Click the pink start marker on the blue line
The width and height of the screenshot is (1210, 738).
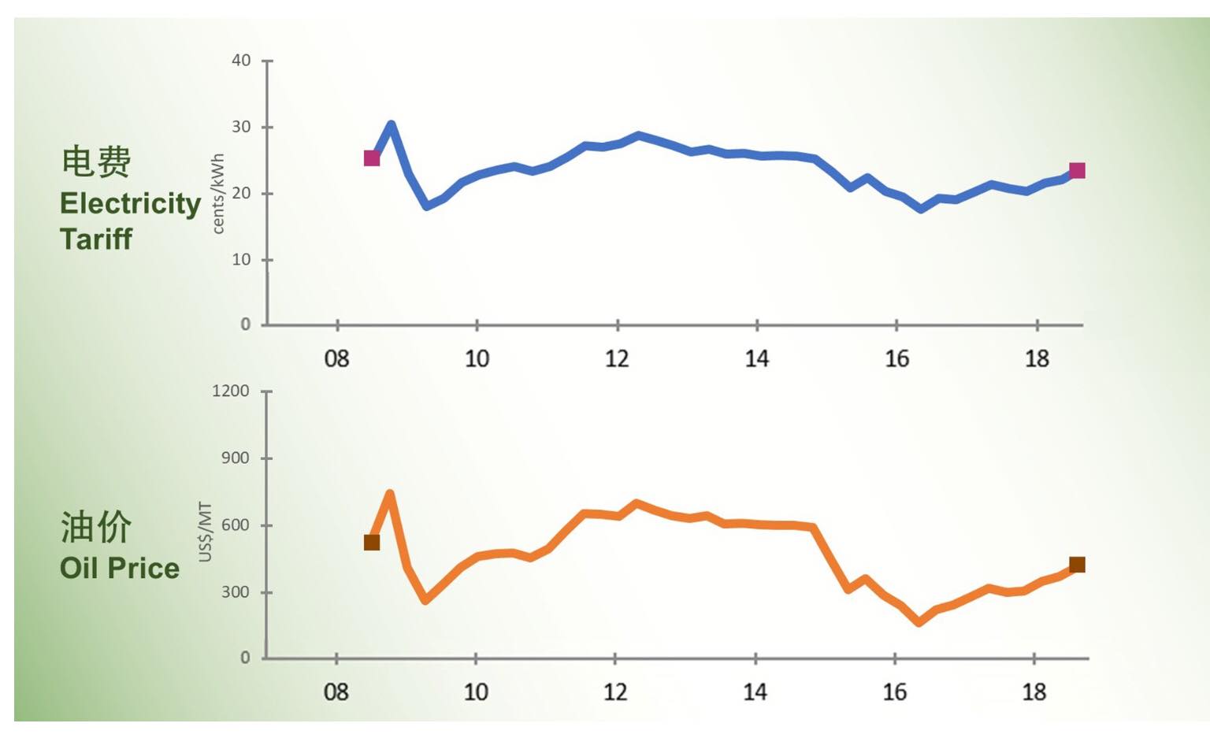coord(372,158)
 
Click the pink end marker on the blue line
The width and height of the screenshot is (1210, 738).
coord(1077,171)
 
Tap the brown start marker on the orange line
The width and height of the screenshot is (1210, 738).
coord(372,543)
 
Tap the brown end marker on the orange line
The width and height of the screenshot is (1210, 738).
coord(1077,565)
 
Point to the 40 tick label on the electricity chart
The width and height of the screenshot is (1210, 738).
coord(241,61)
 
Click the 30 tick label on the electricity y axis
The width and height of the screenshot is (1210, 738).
coord(241,127)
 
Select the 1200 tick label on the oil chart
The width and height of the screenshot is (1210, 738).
coord(230,391)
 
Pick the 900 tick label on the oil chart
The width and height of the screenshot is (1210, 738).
coord(235,458)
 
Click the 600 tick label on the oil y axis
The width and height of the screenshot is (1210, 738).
coord(235,525)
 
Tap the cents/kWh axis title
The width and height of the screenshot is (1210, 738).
coord(218,194)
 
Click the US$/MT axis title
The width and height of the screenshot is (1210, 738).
coord(206,532)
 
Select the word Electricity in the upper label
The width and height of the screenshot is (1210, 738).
coord(131,203)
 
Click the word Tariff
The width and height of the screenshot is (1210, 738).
coord(96,239)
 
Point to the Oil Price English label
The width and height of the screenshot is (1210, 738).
coord(120,568)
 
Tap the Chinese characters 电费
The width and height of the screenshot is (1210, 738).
coord(96,161)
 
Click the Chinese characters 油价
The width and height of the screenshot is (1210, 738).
coord(96,527)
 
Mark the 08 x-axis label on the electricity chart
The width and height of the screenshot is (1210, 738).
coord(336,359)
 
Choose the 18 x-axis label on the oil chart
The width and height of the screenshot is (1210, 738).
coord(1034,692)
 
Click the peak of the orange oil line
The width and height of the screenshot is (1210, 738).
coord(390,494)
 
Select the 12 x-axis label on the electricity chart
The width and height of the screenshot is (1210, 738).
coord(617,359)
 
